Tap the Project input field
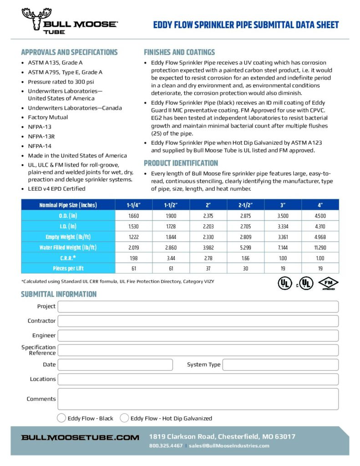(x=198, y=307)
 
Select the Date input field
(x=115, y=365)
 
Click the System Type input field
(x=280, y=365)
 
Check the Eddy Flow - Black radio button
(x=61, y=418)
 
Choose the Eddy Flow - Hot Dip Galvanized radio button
(x=124, y=418)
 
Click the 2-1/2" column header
(x=245, y=205)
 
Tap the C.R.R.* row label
(x=68, y=258)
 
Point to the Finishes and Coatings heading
(x=179, y=52)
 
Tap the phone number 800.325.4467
(x=166, y=446)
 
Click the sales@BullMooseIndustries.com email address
(x=229, y=446)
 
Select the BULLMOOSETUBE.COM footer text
(x=80, y=437)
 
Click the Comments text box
(x=198, y=399)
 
